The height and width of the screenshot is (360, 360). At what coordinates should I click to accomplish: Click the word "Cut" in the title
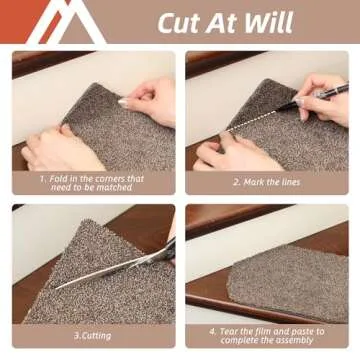pyautogui.click(x=178, y=22)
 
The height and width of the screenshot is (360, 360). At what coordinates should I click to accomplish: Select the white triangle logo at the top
pyautogui.click(x=67, y=22)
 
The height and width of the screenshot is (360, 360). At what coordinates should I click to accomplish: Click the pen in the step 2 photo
pyautogui.click(x=313, y=97)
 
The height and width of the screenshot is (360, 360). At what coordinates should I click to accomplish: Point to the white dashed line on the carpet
pyautogui.click(x=253, y=121)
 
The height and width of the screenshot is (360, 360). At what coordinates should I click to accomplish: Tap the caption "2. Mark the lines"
pyautogui.click(x=267, y=182)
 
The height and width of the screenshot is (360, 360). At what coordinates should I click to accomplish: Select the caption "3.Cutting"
pyautogui.click(x=92, y=335)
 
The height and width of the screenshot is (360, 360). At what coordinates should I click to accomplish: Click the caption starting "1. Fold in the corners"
pyautogui.click(x=92, y=183)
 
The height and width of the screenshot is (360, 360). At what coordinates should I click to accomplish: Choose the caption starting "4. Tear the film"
pyautogui.click(x=267, y=336)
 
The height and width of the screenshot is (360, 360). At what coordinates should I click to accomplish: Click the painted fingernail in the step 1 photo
pyautogui.click(x=123, y=101)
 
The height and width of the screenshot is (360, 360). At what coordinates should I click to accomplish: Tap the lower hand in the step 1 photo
pyautogui.click(x=62, y=147)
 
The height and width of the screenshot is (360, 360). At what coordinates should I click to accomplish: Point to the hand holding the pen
pyautogui.click(x=321, y=97)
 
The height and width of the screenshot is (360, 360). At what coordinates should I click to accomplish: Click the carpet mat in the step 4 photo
pyautogui.click(x=288, y=283)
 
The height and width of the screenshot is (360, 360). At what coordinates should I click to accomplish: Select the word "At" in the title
pyautogui.click(x=221, y=22)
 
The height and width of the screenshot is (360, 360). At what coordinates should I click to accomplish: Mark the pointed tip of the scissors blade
pyautogui.click(x=56, y=289)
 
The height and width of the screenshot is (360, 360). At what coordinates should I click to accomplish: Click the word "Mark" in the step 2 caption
pyautogui.click(x=254, y=182)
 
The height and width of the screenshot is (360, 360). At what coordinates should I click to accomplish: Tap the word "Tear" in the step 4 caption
pyautogui.click(x=230, y=332)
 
